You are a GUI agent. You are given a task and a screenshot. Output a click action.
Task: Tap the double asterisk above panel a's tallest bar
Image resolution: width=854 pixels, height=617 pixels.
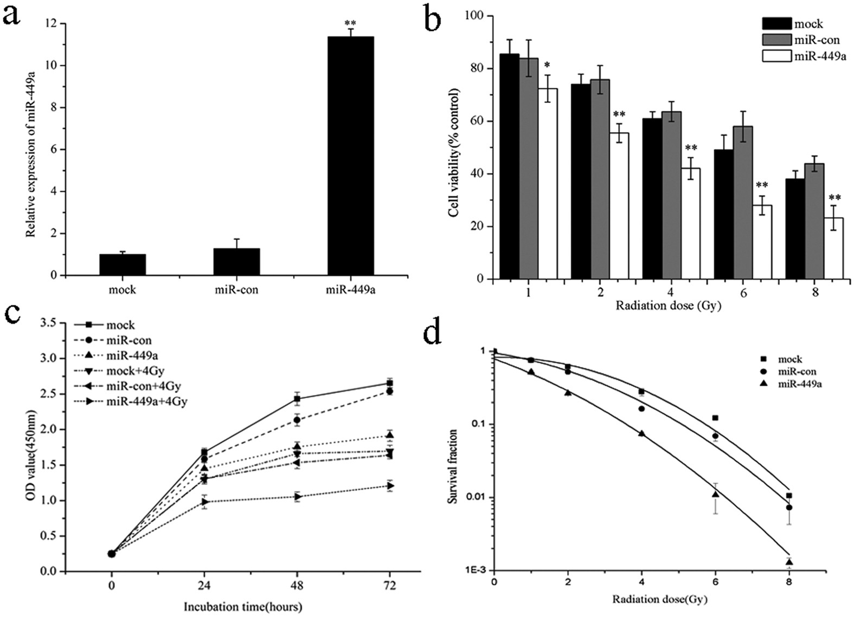click(x=350, y=24)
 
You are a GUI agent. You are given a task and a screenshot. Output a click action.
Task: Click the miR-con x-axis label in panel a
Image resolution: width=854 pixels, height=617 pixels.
click(x=236, y=290)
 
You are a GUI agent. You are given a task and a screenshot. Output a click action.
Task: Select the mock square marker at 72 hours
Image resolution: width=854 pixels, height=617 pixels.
click(x=389, y=383)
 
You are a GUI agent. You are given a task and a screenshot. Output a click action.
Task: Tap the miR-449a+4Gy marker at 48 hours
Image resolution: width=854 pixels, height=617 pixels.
click(x=297, y=496)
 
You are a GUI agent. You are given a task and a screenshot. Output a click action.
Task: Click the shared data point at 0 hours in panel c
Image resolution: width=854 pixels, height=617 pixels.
click(x=112, y=554)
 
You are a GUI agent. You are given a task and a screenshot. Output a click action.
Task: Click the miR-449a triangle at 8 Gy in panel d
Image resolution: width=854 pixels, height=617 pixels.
click(x=789, y=562)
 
